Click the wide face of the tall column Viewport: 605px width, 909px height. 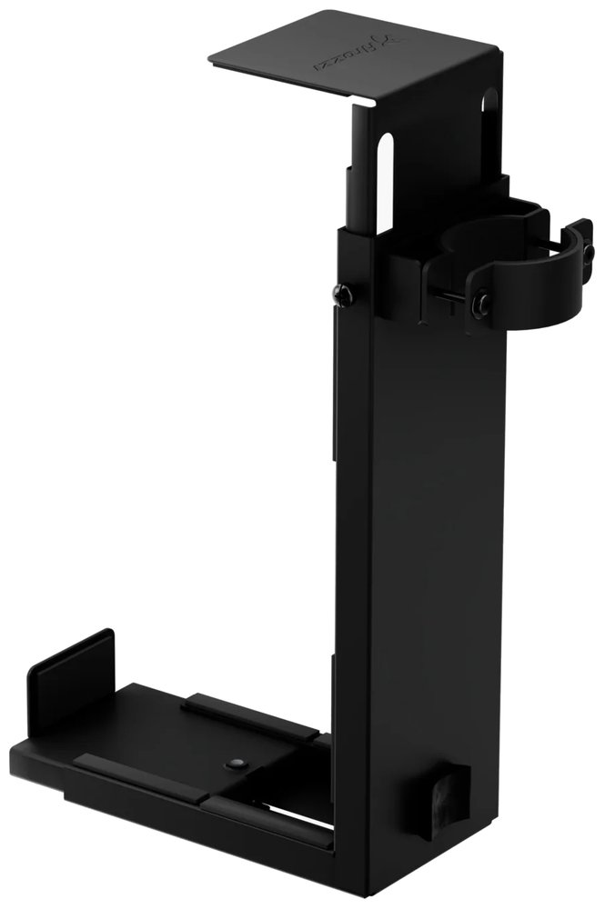point(437,545)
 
